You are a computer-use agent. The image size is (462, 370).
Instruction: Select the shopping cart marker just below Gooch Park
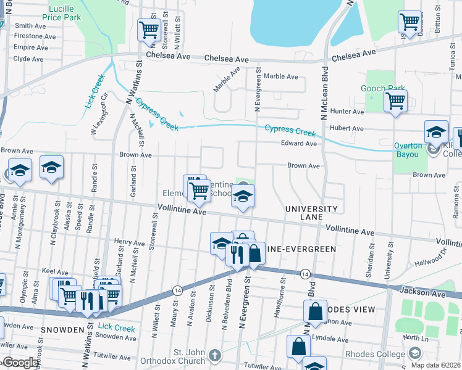tap(395, 101)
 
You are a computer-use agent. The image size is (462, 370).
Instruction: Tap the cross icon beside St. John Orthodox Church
tap(214, 355)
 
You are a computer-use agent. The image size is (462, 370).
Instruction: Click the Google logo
tap(20, 363)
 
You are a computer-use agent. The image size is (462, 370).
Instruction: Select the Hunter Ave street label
tap(346, 112)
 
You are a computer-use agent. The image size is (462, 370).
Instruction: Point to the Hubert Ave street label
tap(346, 128)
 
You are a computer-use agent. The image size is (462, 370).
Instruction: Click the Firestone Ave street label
tap(30, 36)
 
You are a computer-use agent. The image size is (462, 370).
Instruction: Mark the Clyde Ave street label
tap(28, 59)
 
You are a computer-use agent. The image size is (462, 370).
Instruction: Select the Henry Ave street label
tap(129, 243)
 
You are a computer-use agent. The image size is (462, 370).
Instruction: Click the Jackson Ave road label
tap(422, 290)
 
